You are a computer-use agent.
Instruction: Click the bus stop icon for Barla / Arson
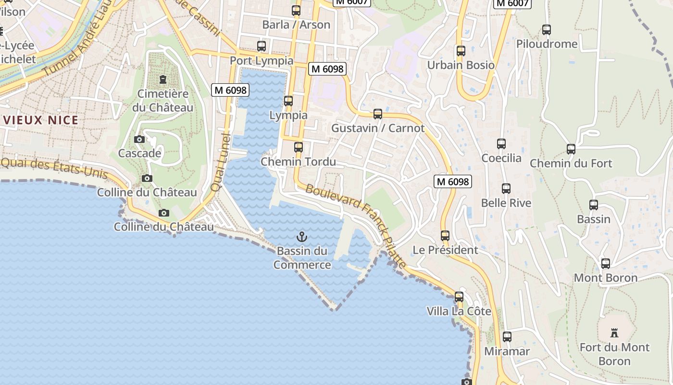click(296, 10)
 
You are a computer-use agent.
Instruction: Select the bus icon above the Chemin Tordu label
click(299, 147)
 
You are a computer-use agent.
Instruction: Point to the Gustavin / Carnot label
click(378, 128)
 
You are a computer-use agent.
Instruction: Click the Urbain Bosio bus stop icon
click(461, 51)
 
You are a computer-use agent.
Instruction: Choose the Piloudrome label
click(547, 44)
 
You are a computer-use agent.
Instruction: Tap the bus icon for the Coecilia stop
click(501, 143)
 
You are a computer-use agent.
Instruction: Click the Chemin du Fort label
click(571, 163)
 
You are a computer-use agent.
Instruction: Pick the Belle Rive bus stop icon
click(506, 189)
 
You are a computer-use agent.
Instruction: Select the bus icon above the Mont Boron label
click(606, 264)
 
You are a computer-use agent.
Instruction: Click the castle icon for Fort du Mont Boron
click(614, 333)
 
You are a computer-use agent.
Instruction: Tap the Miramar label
click(507, 351)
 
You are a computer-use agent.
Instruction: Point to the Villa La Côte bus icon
click(459, 297)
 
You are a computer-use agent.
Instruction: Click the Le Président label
click(445, 250)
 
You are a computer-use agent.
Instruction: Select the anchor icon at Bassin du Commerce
click(302, 236)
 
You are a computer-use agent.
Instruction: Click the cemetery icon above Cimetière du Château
click(163, 79)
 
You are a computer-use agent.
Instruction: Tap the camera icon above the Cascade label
click(139, 139)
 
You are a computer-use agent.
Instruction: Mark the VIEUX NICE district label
click(39, 120)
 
